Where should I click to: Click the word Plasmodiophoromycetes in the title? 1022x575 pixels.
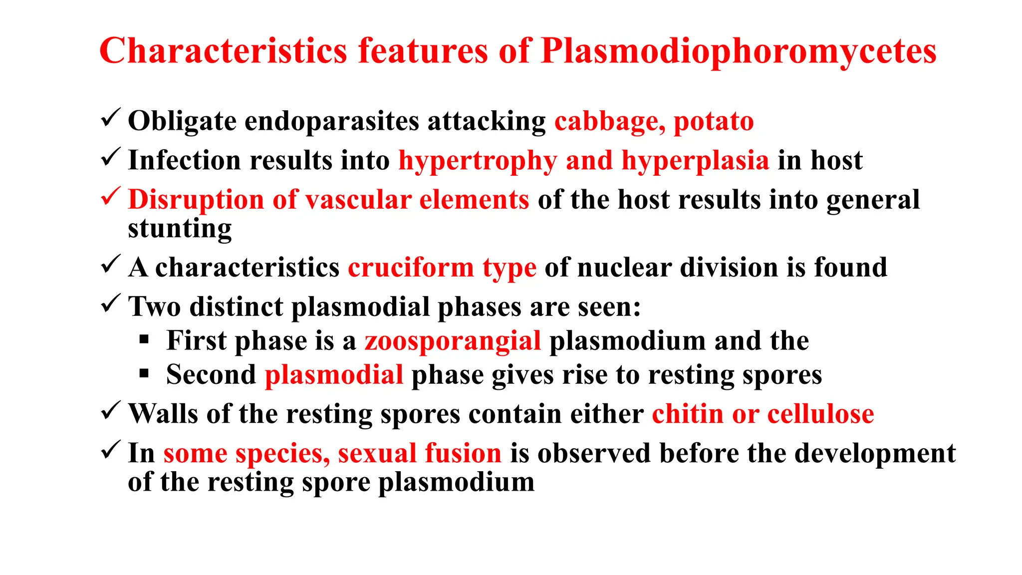[739, 51]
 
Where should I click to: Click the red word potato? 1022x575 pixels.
[714, 121]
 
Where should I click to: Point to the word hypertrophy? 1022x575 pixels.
[478, 161]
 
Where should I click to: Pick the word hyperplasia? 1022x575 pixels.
[695, 161]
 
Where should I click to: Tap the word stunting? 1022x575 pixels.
[180, 229]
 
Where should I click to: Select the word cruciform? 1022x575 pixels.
[411, 268]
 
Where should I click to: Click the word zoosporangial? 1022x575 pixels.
[453, 341]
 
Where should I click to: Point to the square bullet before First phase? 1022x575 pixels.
[144, 340]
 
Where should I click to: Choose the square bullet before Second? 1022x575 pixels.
[144, 373]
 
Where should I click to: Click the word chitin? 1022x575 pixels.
[688, 414]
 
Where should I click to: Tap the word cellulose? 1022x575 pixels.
[820, 414]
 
